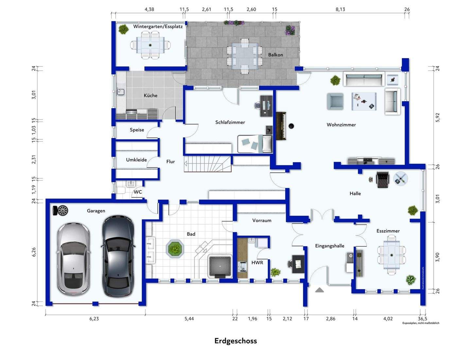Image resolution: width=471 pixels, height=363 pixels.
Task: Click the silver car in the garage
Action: click(74, 258)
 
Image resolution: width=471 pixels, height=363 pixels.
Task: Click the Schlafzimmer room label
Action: click(230, 122)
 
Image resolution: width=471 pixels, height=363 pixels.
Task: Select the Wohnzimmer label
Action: click(341, 125)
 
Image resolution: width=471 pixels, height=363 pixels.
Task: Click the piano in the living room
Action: click(281, 126)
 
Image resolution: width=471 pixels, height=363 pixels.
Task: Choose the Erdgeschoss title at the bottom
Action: click(235, 341)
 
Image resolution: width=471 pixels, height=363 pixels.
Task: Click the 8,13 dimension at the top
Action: click(340, 9)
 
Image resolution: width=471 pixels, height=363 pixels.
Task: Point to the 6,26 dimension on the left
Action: click(34, 252)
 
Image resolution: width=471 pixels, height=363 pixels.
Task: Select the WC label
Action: click(138, 192)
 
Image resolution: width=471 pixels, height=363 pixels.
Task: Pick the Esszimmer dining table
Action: click(392, 254)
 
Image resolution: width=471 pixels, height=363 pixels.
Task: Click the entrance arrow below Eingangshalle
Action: click(319, 290)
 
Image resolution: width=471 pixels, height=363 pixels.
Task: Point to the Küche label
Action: click(150, 95)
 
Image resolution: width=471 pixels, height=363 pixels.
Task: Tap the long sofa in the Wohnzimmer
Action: click(363, 79)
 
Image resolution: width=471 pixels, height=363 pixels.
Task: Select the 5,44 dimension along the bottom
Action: click(189, 319)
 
